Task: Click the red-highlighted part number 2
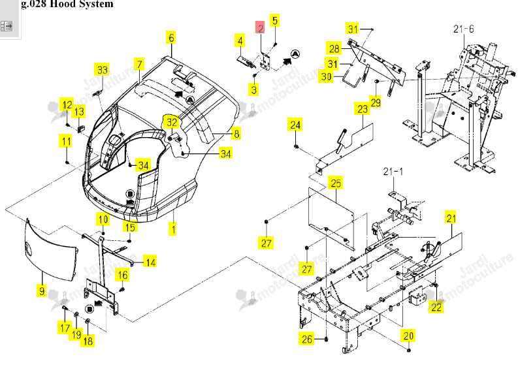pyautogui.click(x=261, y=27)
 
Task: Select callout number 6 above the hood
pyautogui.click(x=170, y=38)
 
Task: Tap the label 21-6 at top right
pyautogui.click(x=463, y=29)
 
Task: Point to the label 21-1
pyautogui.click(x=393, y=172)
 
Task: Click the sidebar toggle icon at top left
pyautogui.click(x=7, y=25)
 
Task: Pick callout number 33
pyautogui.click(x=103, y=69)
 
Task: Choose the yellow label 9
pyautogui.click(x=42, y=291)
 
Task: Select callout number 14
pyautogui.click(x=150, y=262)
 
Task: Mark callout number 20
pyautogui.click(x=408, y=336)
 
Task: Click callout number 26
pyautogui.click(x=307, y=339)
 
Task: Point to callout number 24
pyautogui.click(x=295, y=125)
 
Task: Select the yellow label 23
pyautogui.click(x=363, y=109)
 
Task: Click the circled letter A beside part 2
pyautogui.click(x=295, y=54)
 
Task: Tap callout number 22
pyautogui.click(x=436, y=307)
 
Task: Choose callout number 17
pyautogui.click(x=65, y=328)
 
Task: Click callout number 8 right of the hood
pyautogui.click(x=236, y=134)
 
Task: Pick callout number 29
pyautogui.click(x=376, y=102)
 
